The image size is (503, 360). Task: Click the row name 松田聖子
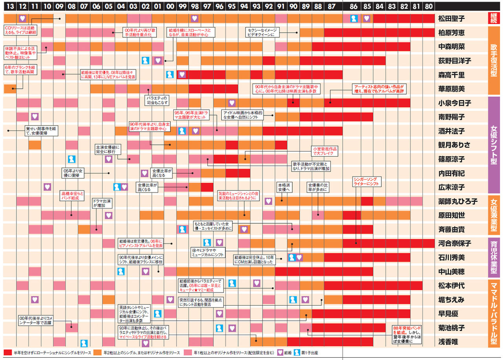(x=452, y=18)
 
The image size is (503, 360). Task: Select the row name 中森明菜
(x=452, y=47)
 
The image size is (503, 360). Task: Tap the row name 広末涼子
(x=452, y=187)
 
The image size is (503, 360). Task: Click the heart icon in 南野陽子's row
(x=35, y=117)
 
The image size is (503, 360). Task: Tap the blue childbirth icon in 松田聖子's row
(x=354, y=18)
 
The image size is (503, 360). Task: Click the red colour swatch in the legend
(x=7, y=353)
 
